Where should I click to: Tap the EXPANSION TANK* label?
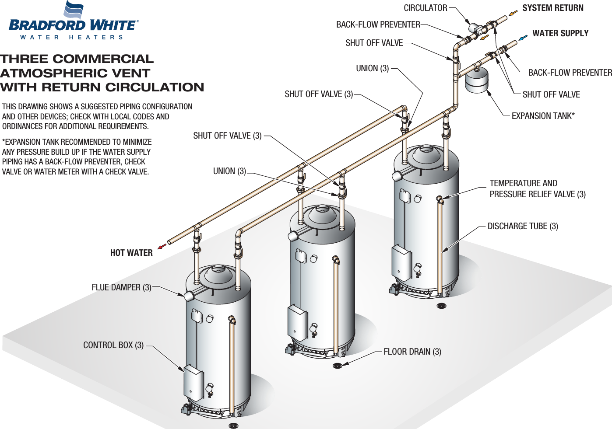pos(543,116)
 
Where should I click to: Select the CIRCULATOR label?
pos(425,8)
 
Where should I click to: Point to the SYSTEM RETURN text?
pos(552,8)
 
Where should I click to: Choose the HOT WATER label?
pos(131,253)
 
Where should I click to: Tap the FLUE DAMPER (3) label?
pos(121,287)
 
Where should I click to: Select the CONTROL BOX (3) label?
pos(113,345)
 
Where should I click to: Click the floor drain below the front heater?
pos(233,425)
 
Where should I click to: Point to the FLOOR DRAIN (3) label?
pos(412,352)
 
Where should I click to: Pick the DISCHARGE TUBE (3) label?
pos(523,226)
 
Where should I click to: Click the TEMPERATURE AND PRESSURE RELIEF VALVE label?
pos(537,189)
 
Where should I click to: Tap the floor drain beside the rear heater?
pos(442,306)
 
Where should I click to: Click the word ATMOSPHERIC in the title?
pos(75,73)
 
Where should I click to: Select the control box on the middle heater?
pos(297,321)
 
